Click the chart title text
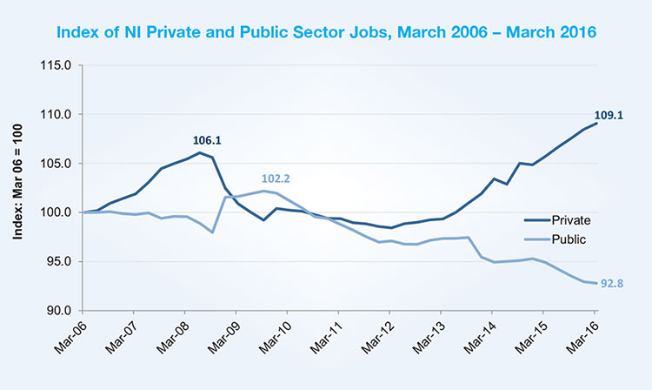coord(326,32)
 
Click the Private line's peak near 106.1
coord(200,153)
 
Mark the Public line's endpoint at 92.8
coord(595,283)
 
